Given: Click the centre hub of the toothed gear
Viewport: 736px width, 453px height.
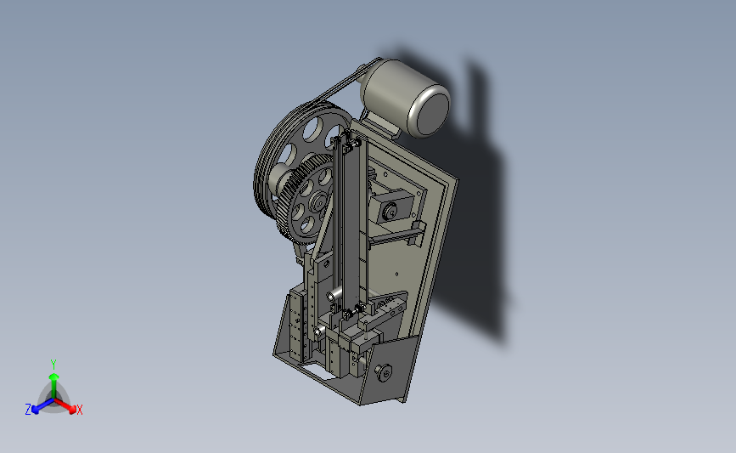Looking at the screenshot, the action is pyautogui.click(x=318, y=202).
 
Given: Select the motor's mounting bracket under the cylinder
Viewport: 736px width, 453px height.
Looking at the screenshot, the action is pyautogui.click(x=381, y=125).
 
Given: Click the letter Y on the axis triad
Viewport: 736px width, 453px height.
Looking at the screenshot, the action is pyautogui.click(x=53, y=365).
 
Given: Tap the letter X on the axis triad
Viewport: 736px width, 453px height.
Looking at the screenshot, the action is pyautogui.click(x=79, y=411).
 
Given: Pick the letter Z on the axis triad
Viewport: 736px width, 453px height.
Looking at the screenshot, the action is pyautogui.click(x=28, y=410).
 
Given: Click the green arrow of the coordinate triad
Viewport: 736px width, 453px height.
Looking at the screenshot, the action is pyautogui.click(x=53, y=385).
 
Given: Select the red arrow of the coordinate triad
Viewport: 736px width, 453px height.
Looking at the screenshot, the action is pyautogui.click(x=65, y=405).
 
